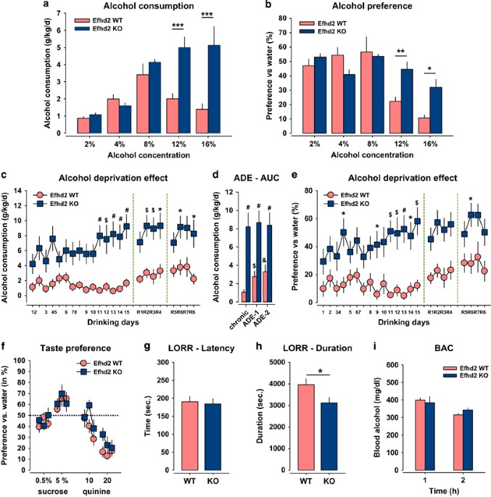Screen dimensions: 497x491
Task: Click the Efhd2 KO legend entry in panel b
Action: tap(335, 32)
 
